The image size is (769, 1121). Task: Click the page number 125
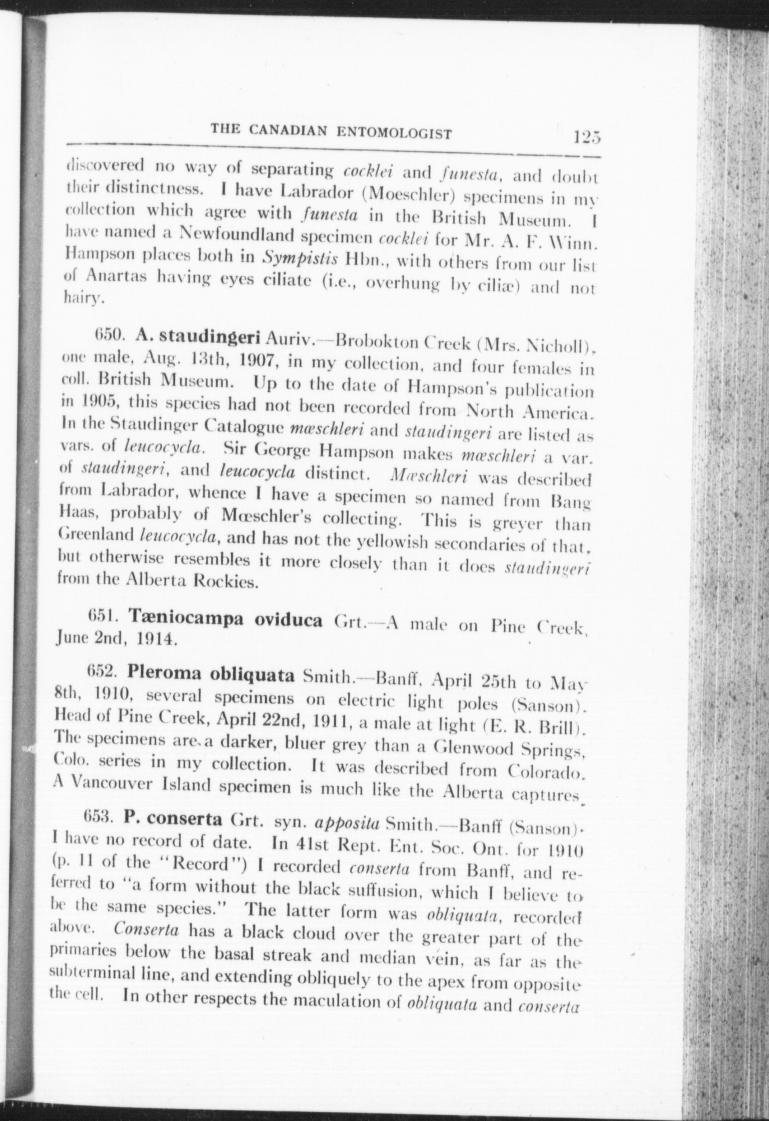[x=587, y=138]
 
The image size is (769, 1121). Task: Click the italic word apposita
[x=346, y=822]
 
